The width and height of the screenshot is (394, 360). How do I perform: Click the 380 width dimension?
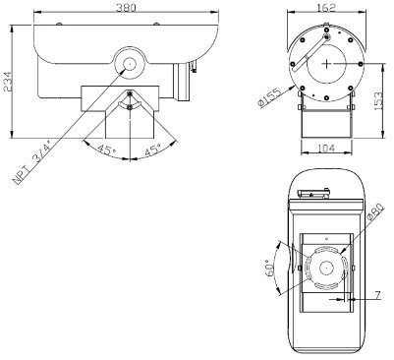point(127,7)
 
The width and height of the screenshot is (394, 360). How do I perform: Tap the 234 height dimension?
point(7,81)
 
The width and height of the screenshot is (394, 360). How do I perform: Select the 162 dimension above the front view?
point(327,7)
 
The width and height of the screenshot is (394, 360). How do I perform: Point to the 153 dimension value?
point(377,100)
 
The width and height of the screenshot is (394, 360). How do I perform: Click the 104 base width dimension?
point(326,149)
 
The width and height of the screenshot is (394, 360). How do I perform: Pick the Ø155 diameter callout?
point(269,98)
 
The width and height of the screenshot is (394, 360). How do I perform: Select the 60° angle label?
point(269,269)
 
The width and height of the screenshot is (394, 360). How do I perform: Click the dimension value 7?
point(377,296)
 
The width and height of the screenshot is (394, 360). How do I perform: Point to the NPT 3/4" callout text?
point(32,163)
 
